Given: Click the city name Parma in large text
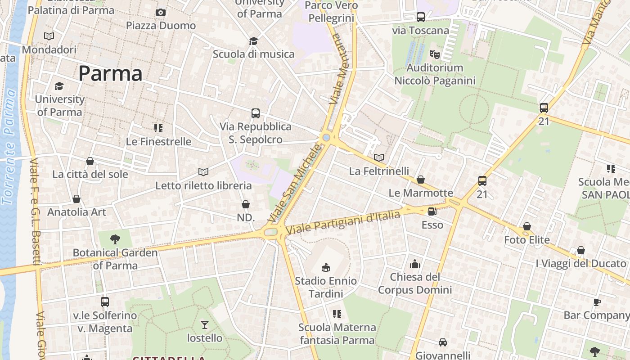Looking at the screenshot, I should [110, 73].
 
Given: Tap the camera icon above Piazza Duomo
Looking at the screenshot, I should [161, 12].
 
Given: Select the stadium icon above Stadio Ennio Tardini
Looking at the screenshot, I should [326, 267].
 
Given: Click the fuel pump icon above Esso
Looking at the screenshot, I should [432, 211].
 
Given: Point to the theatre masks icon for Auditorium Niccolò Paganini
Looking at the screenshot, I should [434, 54].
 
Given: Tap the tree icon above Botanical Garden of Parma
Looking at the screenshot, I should [115, 239].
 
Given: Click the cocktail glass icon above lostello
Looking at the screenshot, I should [205, 324].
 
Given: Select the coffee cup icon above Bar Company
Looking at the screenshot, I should [597, 301].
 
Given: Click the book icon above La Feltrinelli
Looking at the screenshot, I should [379, 157].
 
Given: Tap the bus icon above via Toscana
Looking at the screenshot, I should [421, 17].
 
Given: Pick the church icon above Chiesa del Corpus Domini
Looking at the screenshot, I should [414, 263].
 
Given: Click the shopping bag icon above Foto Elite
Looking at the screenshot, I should [526, 226].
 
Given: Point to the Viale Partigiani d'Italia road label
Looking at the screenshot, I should [343, 222].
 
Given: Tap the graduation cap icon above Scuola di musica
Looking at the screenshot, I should [253, 41].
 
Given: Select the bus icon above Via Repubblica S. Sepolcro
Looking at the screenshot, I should [256, 113].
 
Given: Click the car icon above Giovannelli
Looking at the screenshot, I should [443, 342].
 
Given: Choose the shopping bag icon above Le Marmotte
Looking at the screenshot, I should [421, 180].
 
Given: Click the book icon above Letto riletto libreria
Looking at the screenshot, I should [203, 172].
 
